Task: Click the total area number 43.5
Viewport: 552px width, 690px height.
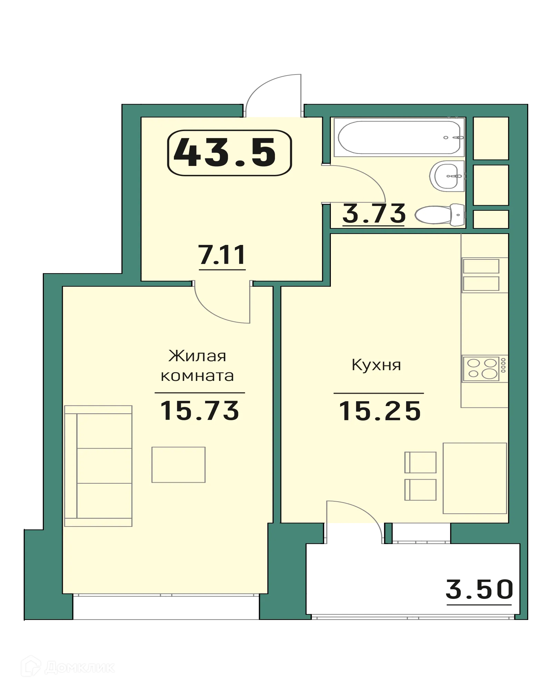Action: click(x=225, y=152)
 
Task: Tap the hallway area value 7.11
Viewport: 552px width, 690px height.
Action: click(x=222, y=255)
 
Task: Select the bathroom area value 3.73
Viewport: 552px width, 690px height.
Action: click(x=374, y=214)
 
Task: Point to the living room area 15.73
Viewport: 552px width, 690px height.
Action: click(x=200, y=411)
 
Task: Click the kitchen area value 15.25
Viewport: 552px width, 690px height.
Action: click(x=380, y=411)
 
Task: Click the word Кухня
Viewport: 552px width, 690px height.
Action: click(x=376, y=365)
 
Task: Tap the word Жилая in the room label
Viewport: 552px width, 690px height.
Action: click(x=197, y=356)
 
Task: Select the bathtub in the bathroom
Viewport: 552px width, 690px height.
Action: click(x=399, y=137)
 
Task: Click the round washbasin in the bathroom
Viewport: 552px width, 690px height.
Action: click(x=447, y=176)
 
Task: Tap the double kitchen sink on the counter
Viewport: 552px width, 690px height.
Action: click(x=481, y=275)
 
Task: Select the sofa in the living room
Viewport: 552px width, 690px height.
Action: click(x=99, y=466)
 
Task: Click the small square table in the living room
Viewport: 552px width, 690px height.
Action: click(x=178, y=465)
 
